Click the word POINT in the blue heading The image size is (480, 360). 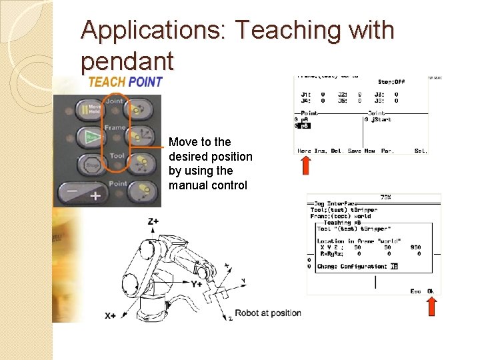145,81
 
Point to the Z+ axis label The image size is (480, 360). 153,221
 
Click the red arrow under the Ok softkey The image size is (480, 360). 431,306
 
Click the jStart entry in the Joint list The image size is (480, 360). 381,119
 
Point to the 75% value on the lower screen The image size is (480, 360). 385,197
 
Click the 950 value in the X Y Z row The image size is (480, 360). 415,247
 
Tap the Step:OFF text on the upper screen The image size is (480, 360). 391,82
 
